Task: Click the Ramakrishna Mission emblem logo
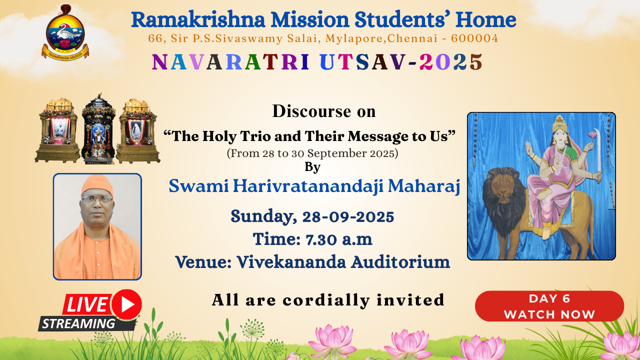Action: click(x=65, y=32)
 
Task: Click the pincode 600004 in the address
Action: click(x=474, y=38)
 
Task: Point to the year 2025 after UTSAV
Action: click(x=450, y=61)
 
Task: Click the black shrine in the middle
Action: click(x=98, y=128)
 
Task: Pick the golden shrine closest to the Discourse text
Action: click(x=138, y=131)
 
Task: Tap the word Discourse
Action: click(x=311, y=111)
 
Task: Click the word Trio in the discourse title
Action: click(x=255, y=136)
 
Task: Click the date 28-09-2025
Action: click(x=348, y=216)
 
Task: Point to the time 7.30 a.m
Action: click(x=339, y=239)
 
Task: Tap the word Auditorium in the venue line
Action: click(x=400, y=262)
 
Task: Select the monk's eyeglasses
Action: click(x=97, y=199)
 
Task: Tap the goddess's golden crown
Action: click(x=559, y=123)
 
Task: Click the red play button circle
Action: click(x=126, y=304)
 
